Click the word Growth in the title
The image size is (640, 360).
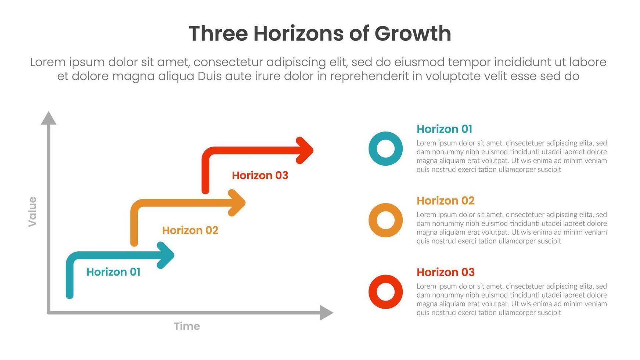(413, 34)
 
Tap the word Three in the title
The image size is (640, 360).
(218, 34)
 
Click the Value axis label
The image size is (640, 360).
(33, 212)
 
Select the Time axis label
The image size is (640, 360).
(187, 326)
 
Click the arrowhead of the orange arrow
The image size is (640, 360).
(238, 203)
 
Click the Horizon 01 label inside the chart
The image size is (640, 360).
(113, 272)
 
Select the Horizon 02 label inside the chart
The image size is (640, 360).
(190, 230)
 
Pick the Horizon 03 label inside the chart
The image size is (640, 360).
(260, 176)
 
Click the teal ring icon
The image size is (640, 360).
(385, 149)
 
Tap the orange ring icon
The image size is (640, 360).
(385, 220)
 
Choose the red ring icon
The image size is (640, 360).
(385, 292)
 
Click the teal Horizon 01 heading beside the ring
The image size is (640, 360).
(444, 129)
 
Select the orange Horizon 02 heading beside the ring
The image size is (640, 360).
(445, 201)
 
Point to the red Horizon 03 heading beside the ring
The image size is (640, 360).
(445, 272)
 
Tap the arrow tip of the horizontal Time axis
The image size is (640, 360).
(327, 313)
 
